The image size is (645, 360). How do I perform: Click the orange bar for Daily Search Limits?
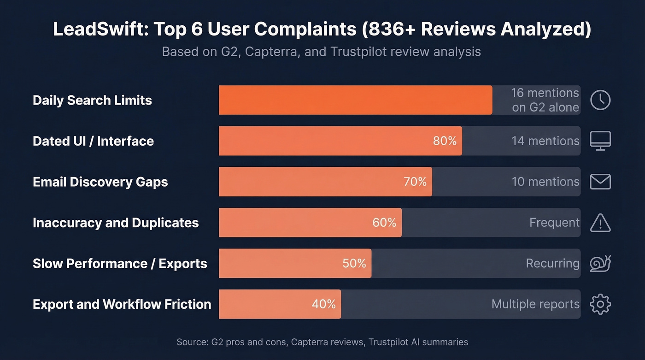coord(355,100)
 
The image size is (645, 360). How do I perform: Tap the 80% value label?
coord(445,141)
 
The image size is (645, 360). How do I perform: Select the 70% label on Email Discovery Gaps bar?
coord(415,182)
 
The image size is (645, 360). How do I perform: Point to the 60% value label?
coord(384,223)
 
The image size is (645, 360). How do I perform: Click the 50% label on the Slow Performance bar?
coord(354,263)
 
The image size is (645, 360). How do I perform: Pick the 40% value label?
coord(323,304)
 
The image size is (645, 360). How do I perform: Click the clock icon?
coord(600,100)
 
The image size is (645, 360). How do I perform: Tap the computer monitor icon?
coord(600,141)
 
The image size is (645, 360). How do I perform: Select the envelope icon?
coord(600,182)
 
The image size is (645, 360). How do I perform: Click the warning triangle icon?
coord(600,223)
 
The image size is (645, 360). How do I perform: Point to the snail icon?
coord(600,263)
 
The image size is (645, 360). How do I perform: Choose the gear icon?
coord(600,304)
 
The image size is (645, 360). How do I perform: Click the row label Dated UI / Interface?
coord(93,141)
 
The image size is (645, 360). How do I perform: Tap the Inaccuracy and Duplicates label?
coord(116,223)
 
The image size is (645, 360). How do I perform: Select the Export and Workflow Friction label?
coord(122,304)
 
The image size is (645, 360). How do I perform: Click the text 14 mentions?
coord(545,141)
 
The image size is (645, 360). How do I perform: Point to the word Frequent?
coord(554,223)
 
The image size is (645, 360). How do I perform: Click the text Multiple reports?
coord(535,304)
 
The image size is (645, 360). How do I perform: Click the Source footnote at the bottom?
coord(322,342)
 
